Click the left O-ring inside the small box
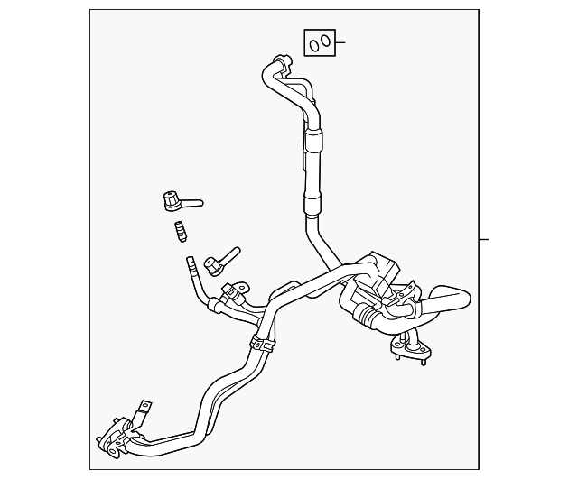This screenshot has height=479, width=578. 313,41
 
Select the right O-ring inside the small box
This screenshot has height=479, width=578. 324,41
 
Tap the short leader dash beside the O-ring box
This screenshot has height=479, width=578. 341,41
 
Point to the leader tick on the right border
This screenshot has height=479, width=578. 483,239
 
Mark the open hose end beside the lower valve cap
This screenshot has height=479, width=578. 190,263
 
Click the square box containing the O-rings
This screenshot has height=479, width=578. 319,41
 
